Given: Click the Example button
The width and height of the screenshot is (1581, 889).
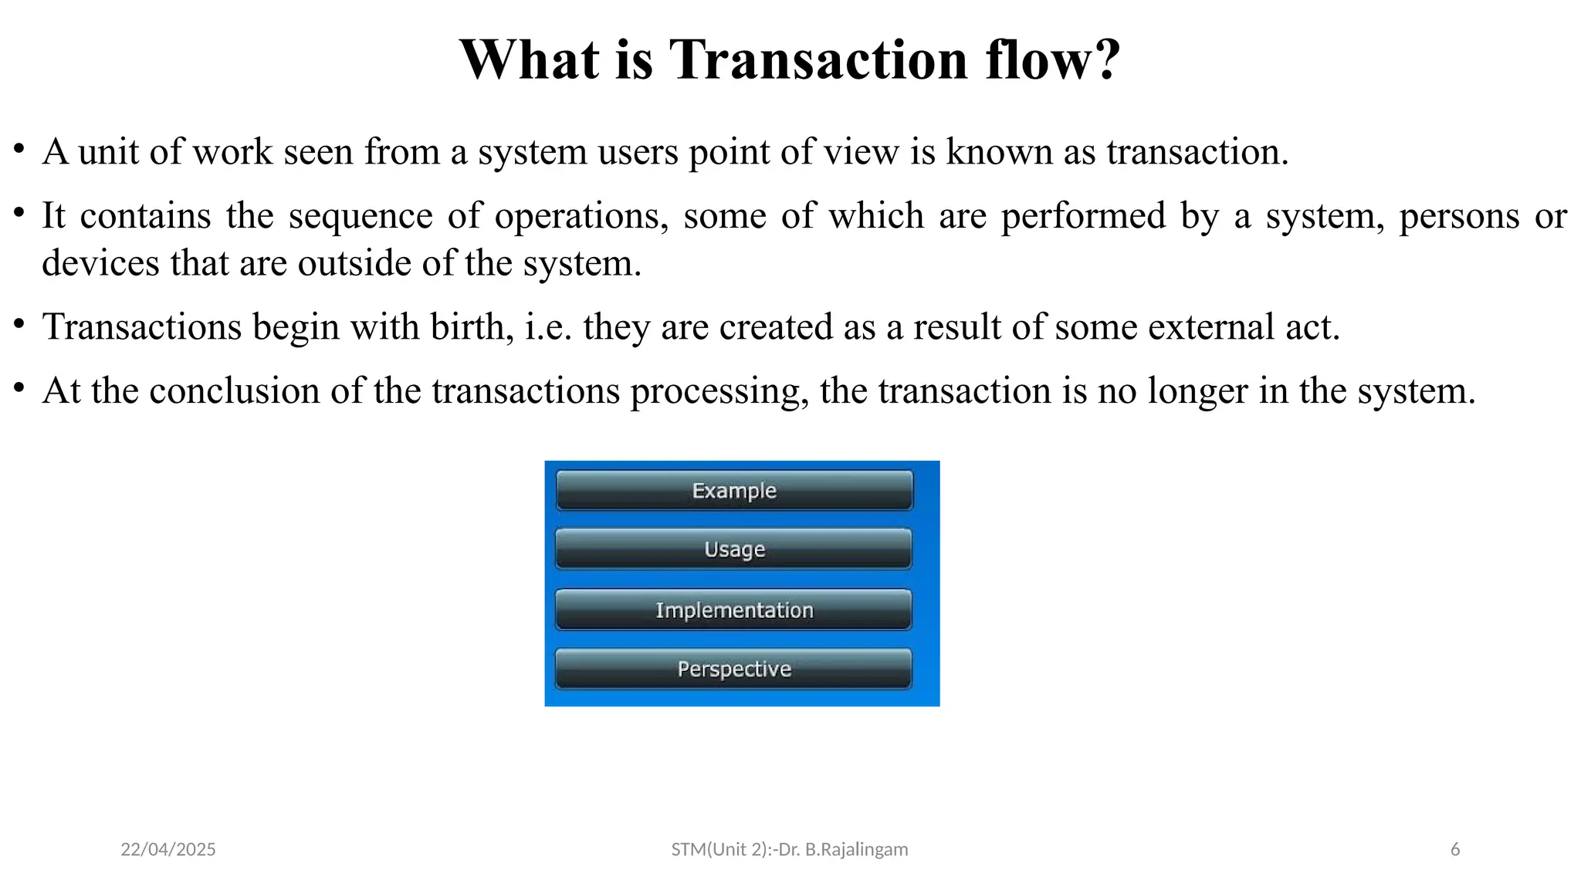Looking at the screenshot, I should [734, 491].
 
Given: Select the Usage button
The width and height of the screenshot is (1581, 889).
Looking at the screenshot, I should [734, 549].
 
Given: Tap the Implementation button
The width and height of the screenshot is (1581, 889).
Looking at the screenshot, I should [734, 610].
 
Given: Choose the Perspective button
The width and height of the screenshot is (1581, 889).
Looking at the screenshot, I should [734, 669].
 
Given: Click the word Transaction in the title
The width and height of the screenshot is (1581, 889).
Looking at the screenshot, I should [818, 59].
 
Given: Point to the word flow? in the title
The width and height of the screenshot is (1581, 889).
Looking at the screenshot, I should [1053, 59].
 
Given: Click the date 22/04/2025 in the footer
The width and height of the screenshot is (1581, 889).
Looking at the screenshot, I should [168, 850].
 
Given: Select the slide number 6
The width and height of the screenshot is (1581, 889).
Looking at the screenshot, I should [1455, 850].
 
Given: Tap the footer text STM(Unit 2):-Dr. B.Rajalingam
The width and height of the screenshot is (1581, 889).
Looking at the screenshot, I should [790, 850].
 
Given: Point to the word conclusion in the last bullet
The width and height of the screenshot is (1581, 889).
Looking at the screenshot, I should [235, 390].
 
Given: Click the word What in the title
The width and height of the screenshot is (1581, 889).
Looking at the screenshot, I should [530, 59].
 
